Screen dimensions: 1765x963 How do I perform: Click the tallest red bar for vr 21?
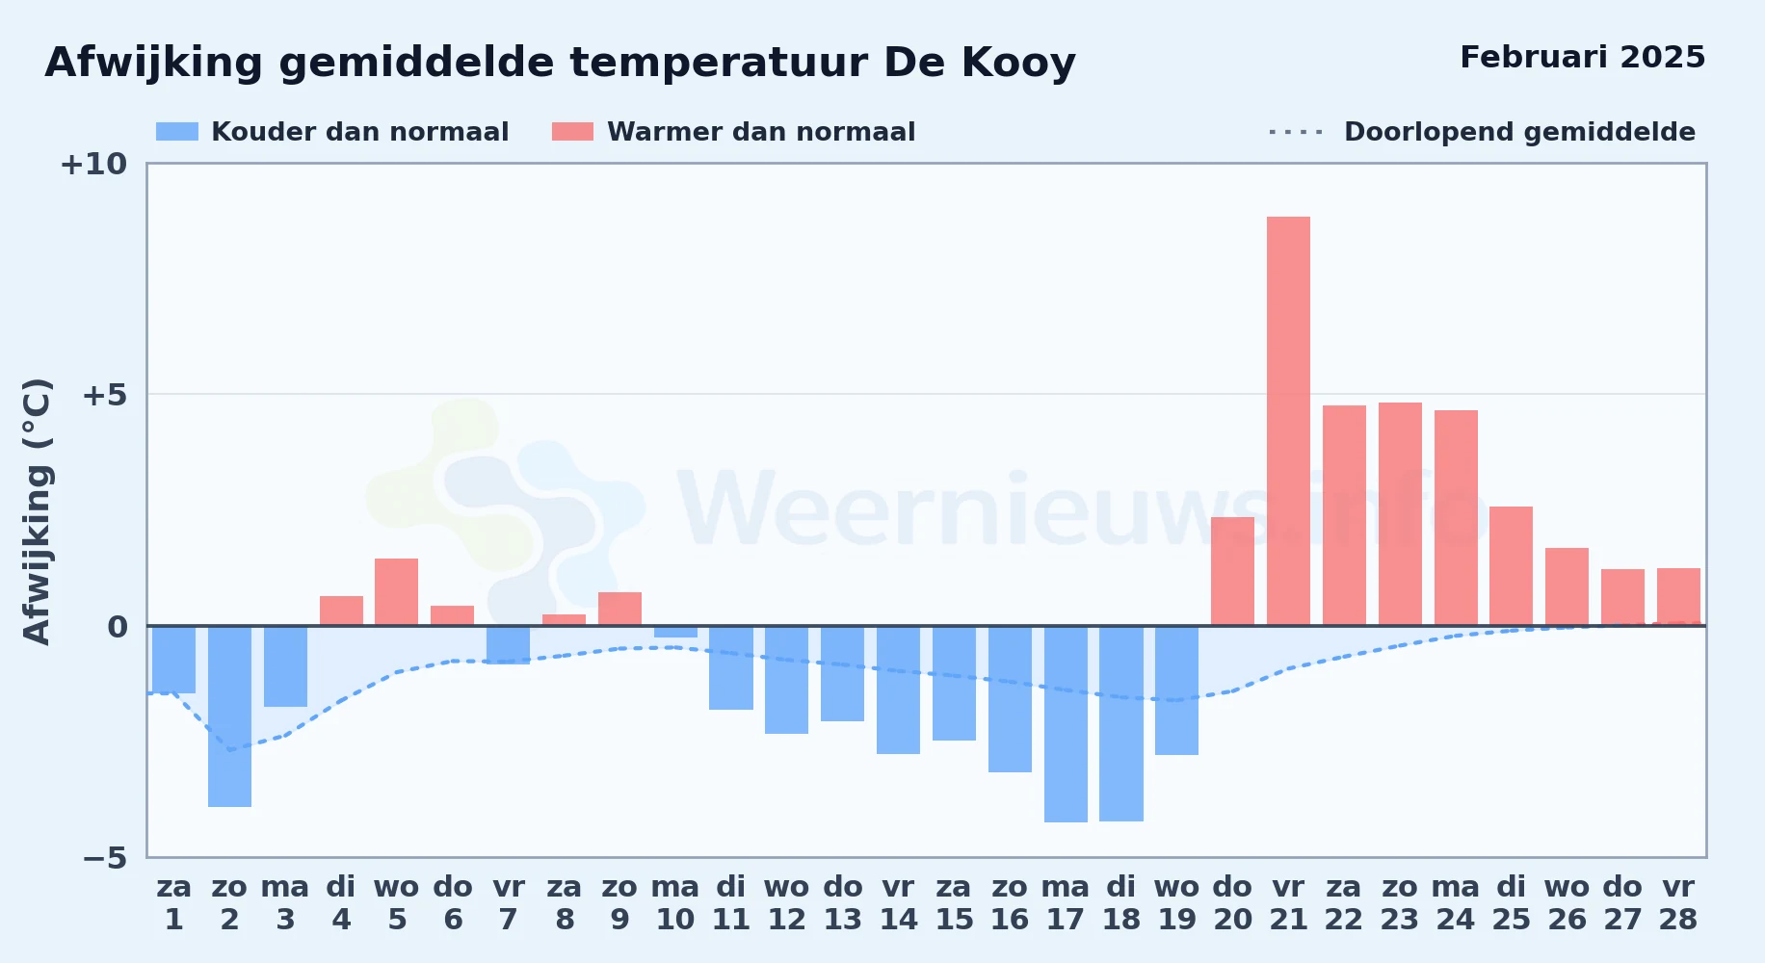[x=1288, y=421]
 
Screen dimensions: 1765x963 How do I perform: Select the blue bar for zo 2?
[x=229, y=716]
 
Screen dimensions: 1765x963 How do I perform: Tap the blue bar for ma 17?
[x=1066, y=724]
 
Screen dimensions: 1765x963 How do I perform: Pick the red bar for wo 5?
[x=396, y=592]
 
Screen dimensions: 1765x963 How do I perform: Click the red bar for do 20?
[x=1232, y=571]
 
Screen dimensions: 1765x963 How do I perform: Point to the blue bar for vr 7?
[x=508, y=645]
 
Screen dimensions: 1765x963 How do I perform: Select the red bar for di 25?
[x=1511, y=566]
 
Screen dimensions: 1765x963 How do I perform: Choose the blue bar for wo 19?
[x=1176, y=690]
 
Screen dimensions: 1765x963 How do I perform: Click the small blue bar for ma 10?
[x=675, y=632]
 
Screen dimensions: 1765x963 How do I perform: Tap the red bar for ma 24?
[x=1456, y=518]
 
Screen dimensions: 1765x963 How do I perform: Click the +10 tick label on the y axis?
[x=93, y=164]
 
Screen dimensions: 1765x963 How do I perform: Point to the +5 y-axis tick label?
[x=104, y=395]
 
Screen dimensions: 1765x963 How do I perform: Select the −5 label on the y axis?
[x=104, y=857]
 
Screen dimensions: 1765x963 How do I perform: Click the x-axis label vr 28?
[x=1677, y=903]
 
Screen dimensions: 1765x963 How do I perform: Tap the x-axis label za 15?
[x=954, y=903]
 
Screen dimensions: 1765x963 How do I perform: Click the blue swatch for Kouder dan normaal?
[x=177, y=132]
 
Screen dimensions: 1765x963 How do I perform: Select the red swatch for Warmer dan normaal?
[x=572, y=132]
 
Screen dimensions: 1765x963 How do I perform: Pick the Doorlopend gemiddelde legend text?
[x=1519, y=132]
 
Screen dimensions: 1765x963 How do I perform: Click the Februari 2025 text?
[x=1582, y=58]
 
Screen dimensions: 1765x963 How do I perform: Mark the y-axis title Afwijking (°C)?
[x=37, y=511]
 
